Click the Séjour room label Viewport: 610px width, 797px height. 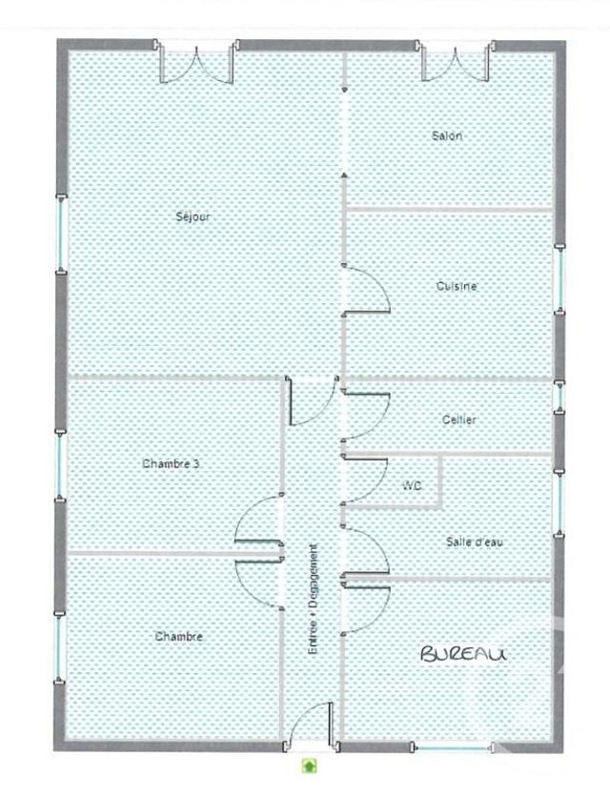(193, 216)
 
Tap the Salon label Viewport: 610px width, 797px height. (447, 136)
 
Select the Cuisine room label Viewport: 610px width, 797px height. (457, 286)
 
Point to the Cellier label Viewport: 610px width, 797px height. (459, 419)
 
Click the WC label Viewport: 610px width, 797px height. (412, 486)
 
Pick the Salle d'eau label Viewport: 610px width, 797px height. (474, 542)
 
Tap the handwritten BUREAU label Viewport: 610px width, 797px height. (463, 653)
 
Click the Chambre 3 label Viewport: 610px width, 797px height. (171, 464)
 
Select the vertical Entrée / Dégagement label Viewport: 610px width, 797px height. (314, 599)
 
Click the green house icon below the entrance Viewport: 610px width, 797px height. (309, 765)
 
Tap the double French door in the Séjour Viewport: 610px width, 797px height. (195, 63)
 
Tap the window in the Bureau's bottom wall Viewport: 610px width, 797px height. (453, 746)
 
